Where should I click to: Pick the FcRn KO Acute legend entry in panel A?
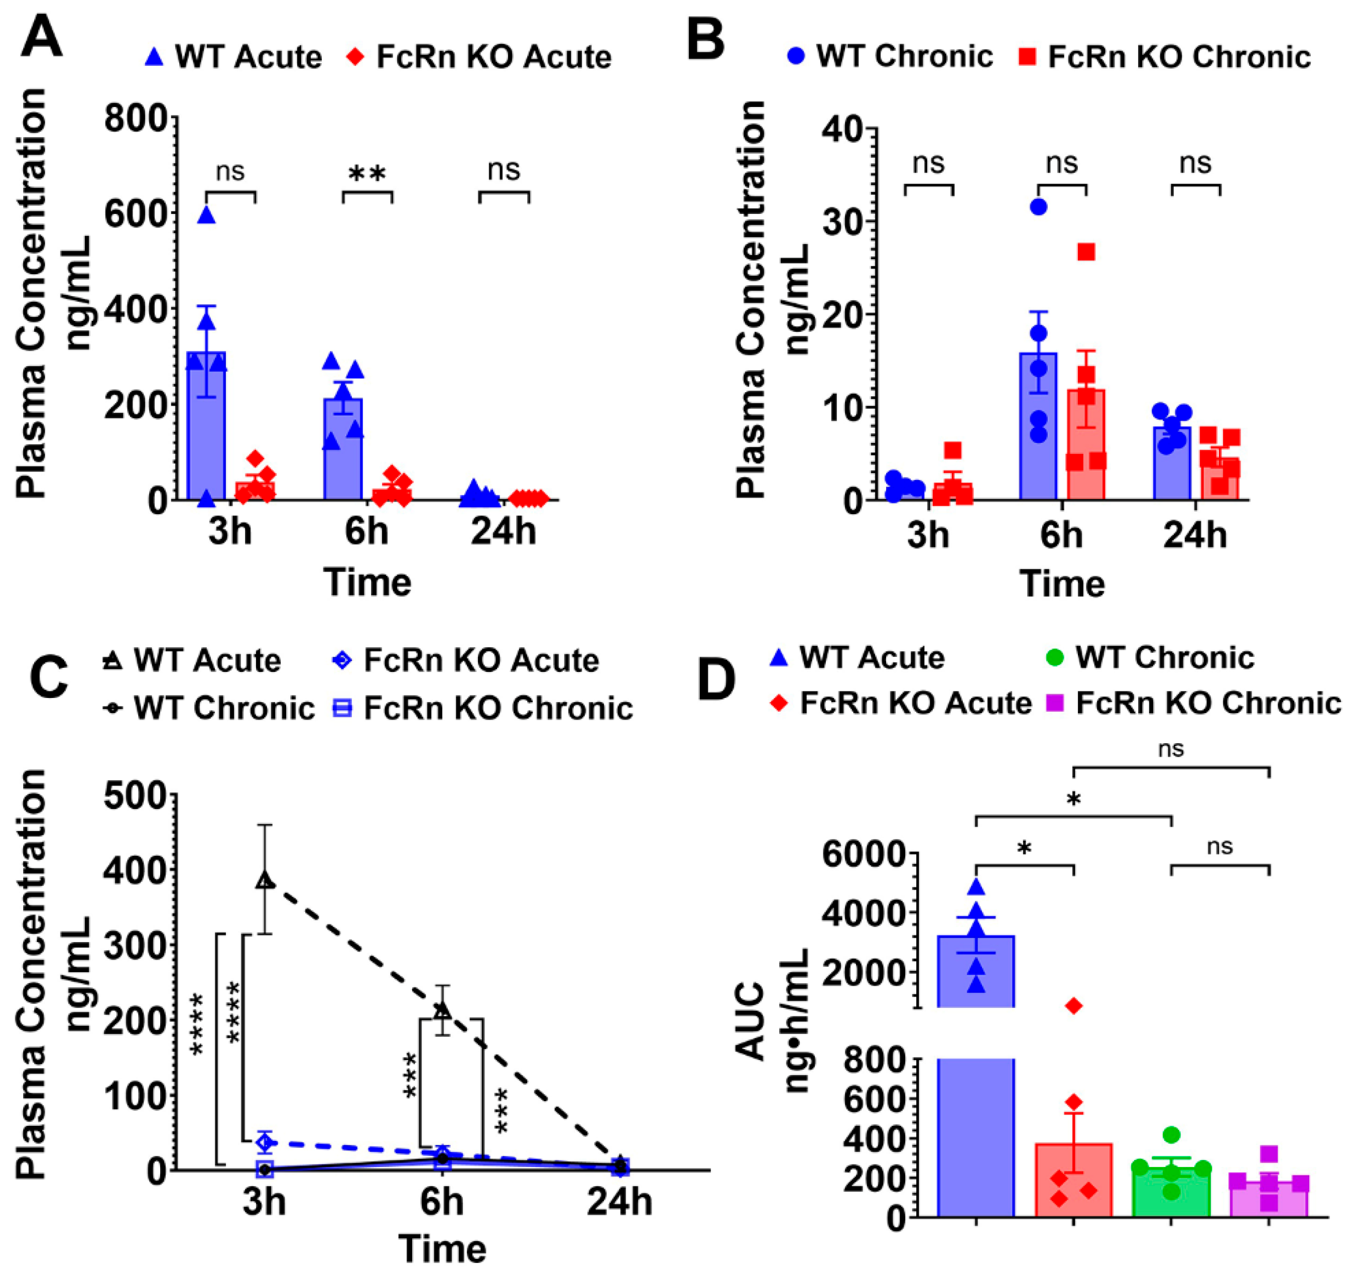[x=478, y=57]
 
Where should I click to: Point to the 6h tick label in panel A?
[x=366, y=531]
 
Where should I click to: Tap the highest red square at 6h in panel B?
[x=1086, y=252]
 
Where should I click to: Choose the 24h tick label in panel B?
[x=1194, y=534]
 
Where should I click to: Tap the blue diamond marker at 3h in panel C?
[x=265, y=1141]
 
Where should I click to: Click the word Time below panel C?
[x=442, y=1248]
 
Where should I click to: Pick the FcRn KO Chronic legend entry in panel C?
[x=485, y=709]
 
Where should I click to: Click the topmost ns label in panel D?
[x=1171, y=750]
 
